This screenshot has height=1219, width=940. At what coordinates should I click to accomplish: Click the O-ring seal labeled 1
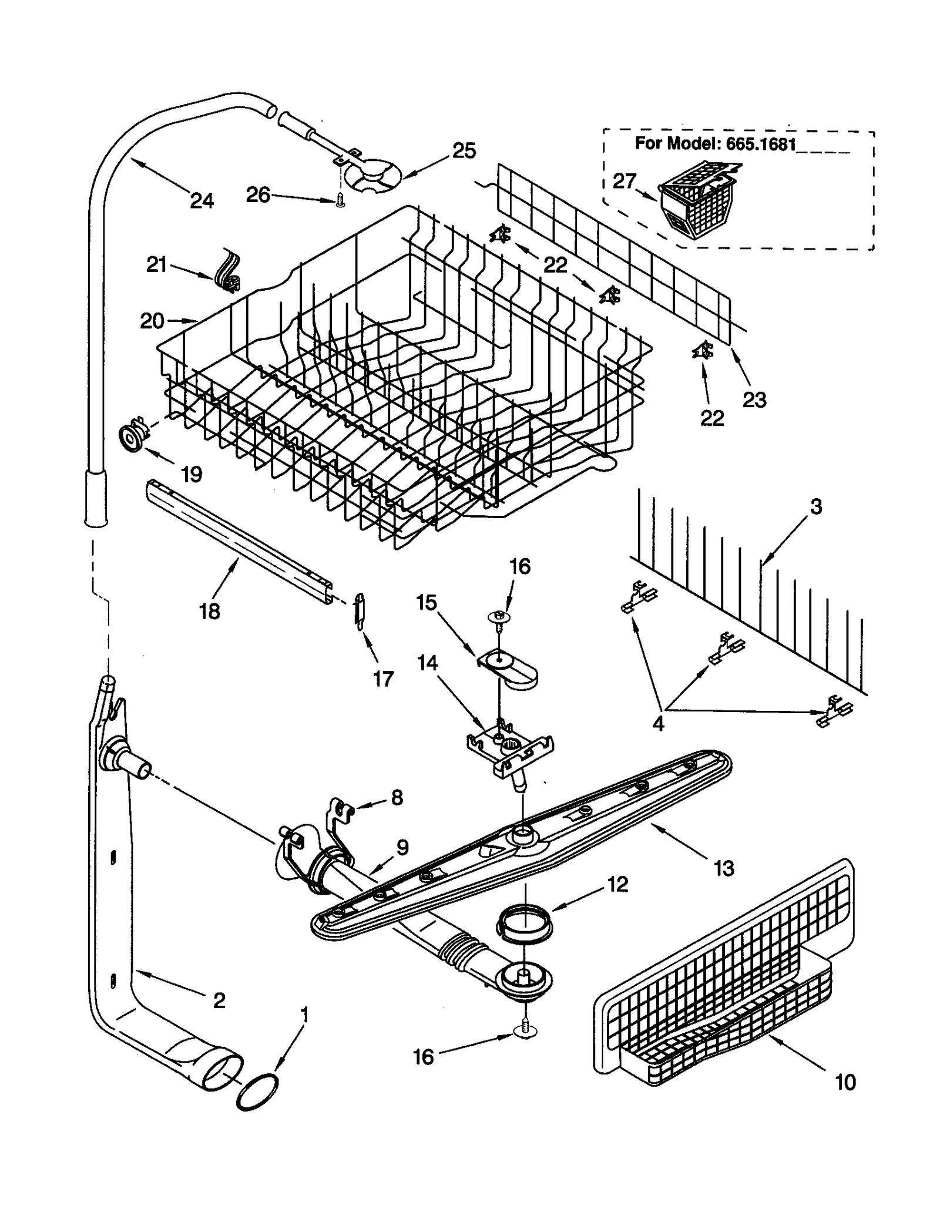(257, 1092)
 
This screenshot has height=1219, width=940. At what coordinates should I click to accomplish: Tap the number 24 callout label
(202, 201)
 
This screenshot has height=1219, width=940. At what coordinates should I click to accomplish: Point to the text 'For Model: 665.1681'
(715, 144)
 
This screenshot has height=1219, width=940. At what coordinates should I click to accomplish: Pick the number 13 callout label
(724, 868)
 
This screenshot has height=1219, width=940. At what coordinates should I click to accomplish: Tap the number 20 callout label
(152, 321)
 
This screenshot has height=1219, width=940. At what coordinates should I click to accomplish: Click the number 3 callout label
(816, 506)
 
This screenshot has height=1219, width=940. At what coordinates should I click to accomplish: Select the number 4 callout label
(659, 723)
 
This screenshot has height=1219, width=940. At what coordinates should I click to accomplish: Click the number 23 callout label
(754, 400)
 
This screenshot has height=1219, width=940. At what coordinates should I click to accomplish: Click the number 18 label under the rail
(209, 611)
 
